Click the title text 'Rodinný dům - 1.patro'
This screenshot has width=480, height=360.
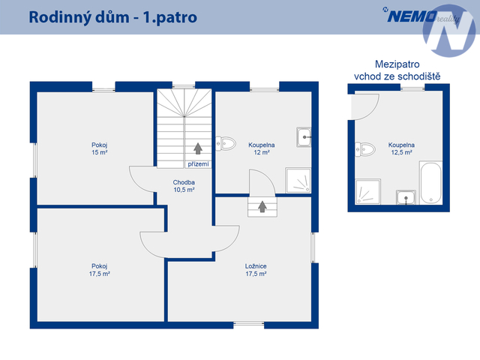pos(113,17)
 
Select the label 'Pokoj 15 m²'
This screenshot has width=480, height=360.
pos(100,148)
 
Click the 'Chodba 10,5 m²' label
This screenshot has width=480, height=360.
pos(184,186)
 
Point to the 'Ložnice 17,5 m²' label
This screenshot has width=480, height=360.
pos(256,270)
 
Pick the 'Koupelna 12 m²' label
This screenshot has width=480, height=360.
pos(262,148)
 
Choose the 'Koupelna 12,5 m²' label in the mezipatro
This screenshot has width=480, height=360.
pos(401,148)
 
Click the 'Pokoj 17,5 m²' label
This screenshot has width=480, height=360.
pos(100,270)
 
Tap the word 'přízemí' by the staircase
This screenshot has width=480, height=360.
pos(198,164)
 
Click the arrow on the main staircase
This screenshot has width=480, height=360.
pos(198,148)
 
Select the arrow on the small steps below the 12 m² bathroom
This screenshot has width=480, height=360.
pos(262,207)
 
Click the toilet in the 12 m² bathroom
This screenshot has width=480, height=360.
pos(226,143)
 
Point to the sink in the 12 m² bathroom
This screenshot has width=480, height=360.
pos(304,137)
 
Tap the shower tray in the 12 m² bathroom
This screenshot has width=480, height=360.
pos(298,180)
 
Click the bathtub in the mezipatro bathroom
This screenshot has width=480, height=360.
pos(430,183)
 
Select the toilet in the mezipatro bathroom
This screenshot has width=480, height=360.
pos(365,149)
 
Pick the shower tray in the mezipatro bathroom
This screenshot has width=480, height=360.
pos(368,192)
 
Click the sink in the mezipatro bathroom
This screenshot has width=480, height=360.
pos(406,197)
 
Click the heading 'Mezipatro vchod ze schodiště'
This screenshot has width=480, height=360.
pos(397,70)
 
